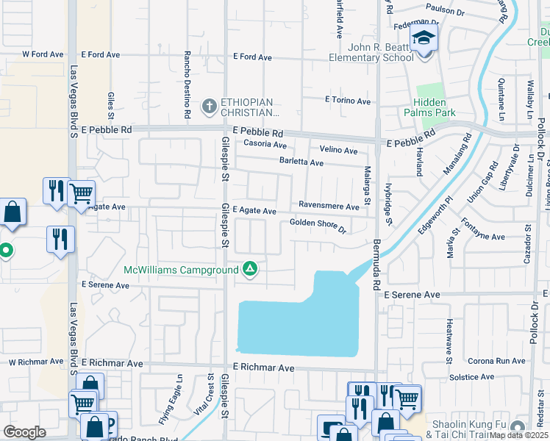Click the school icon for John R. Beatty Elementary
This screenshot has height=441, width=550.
coord(424,38)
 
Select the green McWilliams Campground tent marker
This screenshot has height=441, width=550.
coord(250,269)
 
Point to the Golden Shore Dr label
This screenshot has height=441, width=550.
coord(318,224)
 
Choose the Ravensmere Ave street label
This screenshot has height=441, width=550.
coord(329,207)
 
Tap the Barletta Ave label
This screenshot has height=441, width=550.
coord(301,162)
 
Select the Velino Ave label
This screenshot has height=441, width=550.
coord(338,151)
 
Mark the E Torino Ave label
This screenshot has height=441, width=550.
coord(349,100)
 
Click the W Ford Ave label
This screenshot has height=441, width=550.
coord(40,54)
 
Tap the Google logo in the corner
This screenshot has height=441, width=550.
coord(25,432)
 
